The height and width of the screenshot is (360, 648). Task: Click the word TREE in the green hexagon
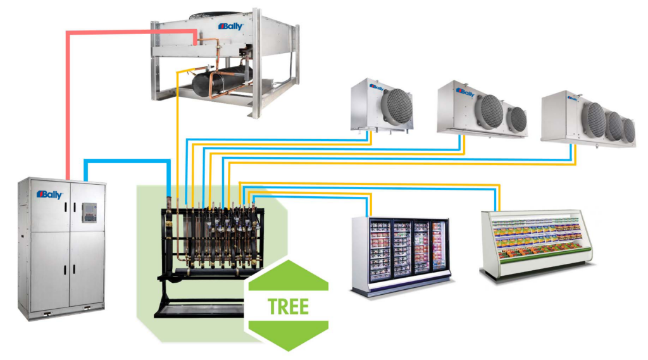(289, 306)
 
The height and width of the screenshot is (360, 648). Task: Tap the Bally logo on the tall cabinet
(49, 195)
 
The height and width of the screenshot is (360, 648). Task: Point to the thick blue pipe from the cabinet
(127, 161)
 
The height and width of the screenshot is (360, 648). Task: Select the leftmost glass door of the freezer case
(380, 251)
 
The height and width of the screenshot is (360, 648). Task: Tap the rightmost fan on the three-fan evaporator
(628, 129)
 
